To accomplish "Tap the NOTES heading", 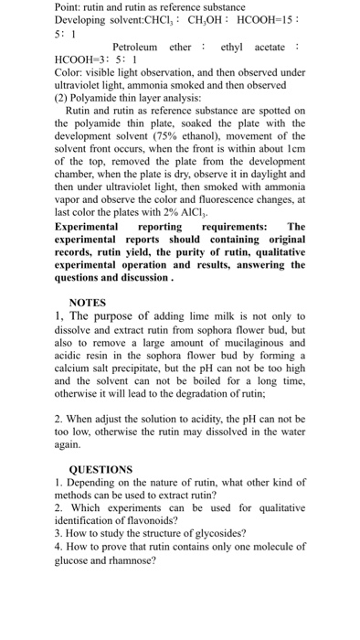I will coord(88,302).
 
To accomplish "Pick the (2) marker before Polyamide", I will coord(62,96).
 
